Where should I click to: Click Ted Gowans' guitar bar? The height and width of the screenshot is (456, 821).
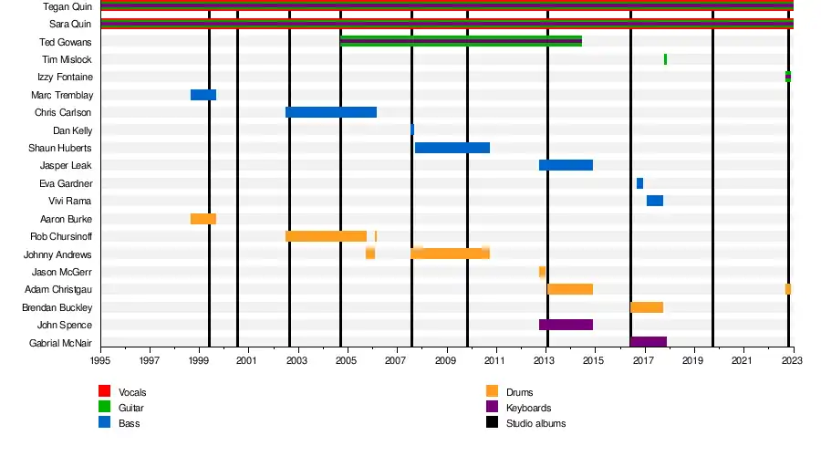click(461, 41)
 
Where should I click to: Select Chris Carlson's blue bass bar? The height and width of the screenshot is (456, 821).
click(330, 112)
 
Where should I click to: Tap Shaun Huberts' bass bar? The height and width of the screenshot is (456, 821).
click(452, 148)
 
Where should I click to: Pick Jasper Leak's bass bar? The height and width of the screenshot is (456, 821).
click(566, 165)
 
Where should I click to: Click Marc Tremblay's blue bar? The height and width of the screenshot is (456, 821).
click(203, 95)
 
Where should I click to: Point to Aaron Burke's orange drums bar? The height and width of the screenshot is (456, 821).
click(203, 219)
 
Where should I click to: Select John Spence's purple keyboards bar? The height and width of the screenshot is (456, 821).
click(566, 325)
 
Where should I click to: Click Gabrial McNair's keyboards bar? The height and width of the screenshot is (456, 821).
click(649, 342)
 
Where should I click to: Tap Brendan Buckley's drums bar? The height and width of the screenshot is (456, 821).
click(647, 307)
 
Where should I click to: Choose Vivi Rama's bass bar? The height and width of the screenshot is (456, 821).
click(655, 201)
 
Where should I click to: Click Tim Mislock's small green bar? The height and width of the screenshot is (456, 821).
click(665, 59)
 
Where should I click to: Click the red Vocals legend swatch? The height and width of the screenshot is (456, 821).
click(105, 392)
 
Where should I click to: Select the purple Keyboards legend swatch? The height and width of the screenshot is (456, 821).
click(492, 408)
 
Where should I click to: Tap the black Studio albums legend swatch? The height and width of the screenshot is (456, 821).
click(492, 423)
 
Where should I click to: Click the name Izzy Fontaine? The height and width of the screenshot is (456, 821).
click(65, 78)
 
